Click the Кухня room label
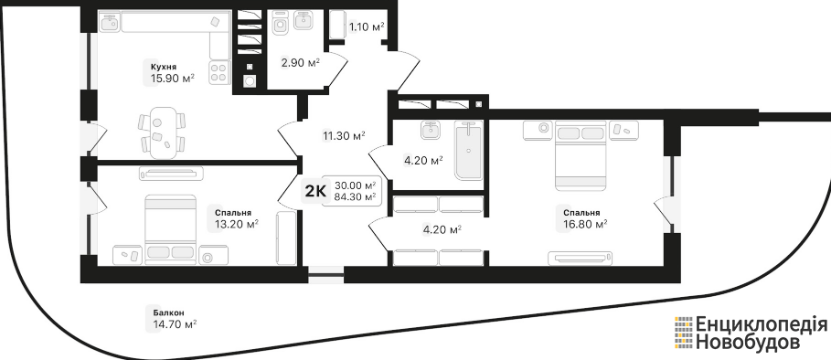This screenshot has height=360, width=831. point(164,67)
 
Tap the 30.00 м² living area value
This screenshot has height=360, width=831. point(355,185)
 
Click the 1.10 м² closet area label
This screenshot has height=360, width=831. point(367,26)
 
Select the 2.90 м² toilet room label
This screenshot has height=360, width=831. point(300,64)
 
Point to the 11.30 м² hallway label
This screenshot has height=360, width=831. point(345,136)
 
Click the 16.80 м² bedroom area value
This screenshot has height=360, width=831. point(585,225)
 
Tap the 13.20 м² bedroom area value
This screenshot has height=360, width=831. point(237,225)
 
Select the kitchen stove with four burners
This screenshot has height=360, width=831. point(219,72)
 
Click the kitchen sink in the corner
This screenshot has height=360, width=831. point(111,22)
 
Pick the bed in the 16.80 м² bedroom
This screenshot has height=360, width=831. point(581,155)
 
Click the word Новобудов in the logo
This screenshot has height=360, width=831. point(748,343)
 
